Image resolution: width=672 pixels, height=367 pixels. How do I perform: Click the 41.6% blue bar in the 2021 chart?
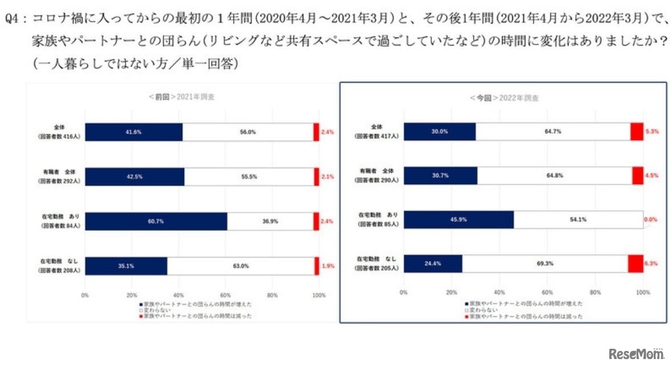(x=134, y=132)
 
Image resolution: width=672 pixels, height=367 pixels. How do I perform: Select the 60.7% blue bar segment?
(x=156, y=221)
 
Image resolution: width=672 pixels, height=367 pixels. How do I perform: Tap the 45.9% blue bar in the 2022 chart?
(x=459, y=220)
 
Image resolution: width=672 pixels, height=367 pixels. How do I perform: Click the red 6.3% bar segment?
(x=635, y=264)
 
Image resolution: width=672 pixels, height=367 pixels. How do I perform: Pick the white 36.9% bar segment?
(x=270, y=221)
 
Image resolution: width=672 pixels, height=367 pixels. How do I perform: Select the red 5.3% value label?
(x=651, y=132)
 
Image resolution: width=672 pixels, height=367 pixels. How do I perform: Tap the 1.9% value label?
(x=328, y=266)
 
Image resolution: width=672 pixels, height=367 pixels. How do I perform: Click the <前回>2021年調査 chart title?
(x=181, y=97)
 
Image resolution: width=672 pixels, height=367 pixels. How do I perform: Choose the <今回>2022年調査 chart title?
(x=504, y=98)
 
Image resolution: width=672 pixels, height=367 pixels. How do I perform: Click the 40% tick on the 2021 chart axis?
(x=178, y=295)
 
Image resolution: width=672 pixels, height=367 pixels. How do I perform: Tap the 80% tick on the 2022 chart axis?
(x=595, y=292)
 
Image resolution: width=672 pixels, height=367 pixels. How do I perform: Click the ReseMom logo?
(x=636, y=354)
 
